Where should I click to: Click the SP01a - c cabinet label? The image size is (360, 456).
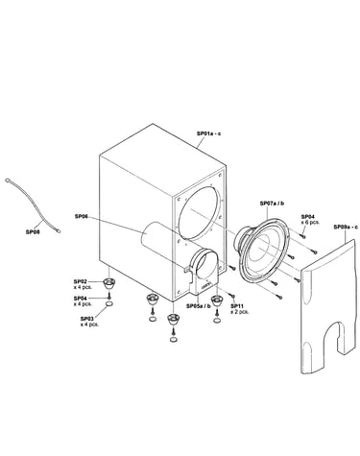click(208, 133)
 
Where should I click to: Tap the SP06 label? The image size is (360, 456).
click(81, 217)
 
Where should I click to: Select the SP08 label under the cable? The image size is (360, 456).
click(33, 232)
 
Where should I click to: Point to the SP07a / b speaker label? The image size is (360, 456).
click(272, 204)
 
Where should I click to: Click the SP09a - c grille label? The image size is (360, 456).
click(346, 227)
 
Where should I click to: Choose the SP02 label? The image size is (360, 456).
click(81, 281)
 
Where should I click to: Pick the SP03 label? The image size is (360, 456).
click(86, 319)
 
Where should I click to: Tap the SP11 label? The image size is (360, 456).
click(237, 306)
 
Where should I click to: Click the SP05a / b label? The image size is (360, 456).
click(199, 306)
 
